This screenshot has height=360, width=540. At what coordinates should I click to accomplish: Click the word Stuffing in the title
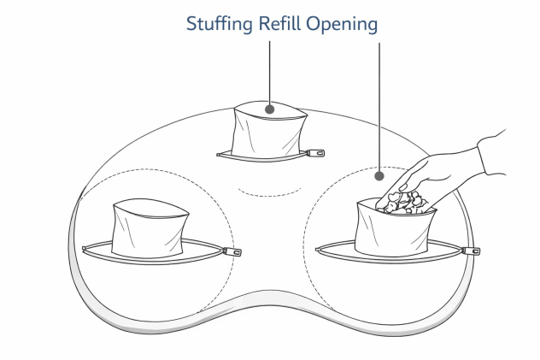click(220, 24)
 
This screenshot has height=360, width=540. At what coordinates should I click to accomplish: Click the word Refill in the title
click(279, 23)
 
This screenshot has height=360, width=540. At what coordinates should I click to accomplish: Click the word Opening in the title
click(342, 24)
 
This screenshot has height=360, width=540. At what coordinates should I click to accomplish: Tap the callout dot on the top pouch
click(270, 109)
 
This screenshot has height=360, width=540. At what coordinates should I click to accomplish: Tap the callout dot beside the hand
click(379, 176)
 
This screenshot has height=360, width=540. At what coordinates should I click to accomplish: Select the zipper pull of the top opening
click(315, 152)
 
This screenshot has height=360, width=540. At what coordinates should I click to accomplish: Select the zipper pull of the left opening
click(232, 251)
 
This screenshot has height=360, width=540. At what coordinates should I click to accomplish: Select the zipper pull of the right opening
click(471, 251)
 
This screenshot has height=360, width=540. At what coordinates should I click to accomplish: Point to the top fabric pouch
click(269, 130)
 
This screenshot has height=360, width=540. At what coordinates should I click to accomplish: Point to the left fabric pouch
click(150, 228)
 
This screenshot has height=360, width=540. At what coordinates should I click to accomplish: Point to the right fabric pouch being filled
click(394, 229)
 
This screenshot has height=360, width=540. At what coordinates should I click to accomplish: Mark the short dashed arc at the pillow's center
click(269, 193)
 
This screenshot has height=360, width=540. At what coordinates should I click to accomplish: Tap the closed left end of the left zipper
click(84, 249)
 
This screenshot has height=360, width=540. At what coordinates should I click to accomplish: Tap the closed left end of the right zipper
click(318, 250)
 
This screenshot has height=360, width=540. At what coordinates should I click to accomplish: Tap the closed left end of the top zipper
click(219, 155)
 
